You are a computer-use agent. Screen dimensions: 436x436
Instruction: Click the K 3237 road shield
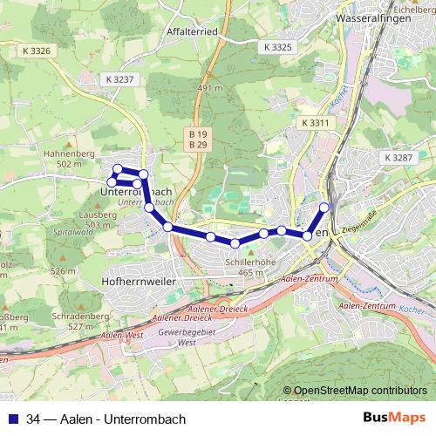coord(120,78)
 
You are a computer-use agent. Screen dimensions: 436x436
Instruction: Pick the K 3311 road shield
coord(315,124)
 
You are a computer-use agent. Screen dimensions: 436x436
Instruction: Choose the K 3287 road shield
coord(398,157)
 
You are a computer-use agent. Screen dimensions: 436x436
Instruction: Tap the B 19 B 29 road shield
coord(197,140)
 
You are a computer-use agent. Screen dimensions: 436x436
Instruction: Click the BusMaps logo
coord(397,418)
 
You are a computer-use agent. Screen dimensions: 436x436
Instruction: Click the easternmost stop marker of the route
coord(325,207)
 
